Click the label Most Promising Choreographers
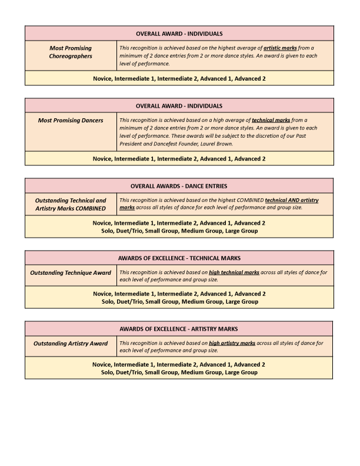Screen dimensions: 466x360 [x=71, y=52]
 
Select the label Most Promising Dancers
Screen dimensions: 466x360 [x=71, y=121]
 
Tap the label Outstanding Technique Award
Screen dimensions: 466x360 [x=71, y=273]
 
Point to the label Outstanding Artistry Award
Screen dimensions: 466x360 [x=71, y=344]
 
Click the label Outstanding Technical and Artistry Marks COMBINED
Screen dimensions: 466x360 [x=71, y=204]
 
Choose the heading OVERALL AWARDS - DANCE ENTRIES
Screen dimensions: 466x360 [x=179, y=186]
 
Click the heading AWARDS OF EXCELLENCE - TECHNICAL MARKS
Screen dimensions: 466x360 [x=179, y=258]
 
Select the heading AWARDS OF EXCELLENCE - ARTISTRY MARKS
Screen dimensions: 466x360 [x=179, y=328]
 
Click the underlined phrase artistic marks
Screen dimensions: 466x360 [x=280, y=48]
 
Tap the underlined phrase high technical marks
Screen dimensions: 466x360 [x=234, y=272]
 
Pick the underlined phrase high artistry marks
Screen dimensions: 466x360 [x=232, y=343]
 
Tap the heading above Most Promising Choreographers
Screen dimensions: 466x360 [x=179, y=34]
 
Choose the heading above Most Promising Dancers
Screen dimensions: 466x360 [x=179, y=106]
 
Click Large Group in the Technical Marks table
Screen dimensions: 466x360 [x=242, y=301]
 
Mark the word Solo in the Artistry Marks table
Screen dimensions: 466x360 [x=108, y=372]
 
